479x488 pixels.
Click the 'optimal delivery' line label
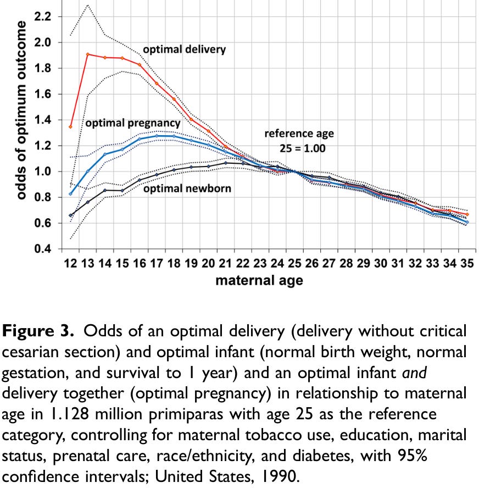(x=184, y=49)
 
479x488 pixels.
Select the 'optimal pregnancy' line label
(x=132, y=123)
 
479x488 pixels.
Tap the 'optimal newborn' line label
(x=187, y=188)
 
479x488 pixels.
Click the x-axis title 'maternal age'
(x=259, y=281)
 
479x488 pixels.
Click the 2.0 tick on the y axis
(x=43, y=42)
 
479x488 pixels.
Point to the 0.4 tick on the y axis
(x=43, y=249)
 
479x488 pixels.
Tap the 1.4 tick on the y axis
(x=43, y=120)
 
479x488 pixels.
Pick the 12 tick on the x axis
(x=70, y=264)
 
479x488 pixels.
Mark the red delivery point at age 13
(x=88, y=54)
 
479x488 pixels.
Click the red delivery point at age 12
(x=70, y=126)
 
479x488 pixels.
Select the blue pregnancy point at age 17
(x=157, y=136)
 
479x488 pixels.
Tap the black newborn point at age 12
(x=70, y=215)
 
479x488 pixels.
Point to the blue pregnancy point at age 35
(x=467, y=222)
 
